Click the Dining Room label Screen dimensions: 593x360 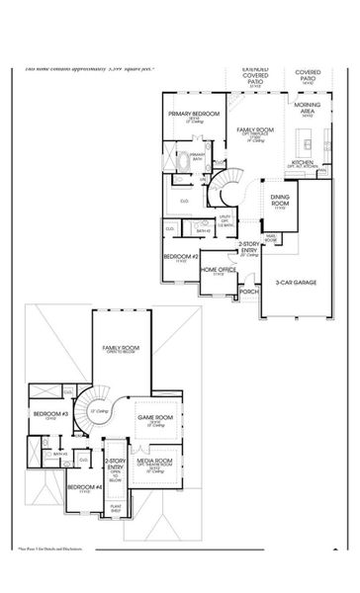click(280, 202)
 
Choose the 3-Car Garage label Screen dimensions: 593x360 click(297, 283)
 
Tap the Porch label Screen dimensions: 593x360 click(249, 293)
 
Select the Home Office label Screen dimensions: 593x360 click(219, 269)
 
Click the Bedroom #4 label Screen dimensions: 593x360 click(84, 487)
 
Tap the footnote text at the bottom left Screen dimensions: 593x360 click(54, 574)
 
